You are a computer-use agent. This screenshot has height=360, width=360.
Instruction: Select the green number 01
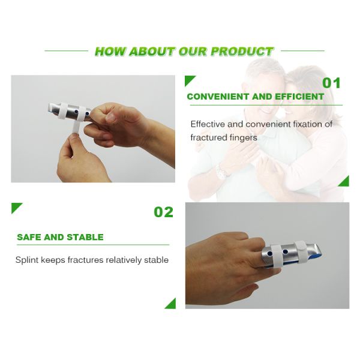[x=331, y=83]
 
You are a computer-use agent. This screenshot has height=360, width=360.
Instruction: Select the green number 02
[x=163, y=212]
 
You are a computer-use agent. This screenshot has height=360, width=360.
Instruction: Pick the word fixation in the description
[x=303, y=124]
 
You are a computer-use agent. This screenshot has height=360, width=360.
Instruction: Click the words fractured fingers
[x=224, y=137]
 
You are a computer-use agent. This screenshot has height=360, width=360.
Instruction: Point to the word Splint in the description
[x=27, y=260]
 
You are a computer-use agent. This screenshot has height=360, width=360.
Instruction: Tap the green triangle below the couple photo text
[x=344, y=181]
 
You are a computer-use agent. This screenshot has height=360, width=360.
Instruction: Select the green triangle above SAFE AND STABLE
[x=16, y=208]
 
